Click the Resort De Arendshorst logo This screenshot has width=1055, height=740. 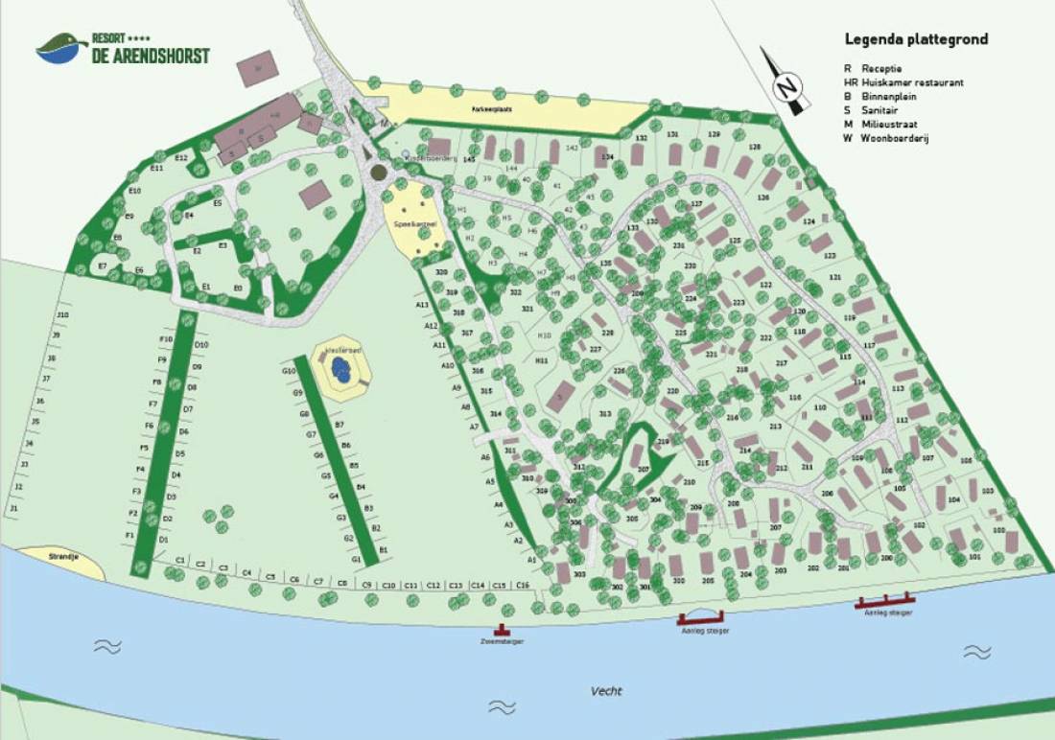122,49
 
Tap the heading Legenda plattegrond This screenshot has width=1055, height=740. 916,40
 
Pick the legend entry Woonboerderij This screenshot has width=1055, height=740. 901,138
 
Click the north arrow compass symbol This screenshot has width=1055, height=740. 786,84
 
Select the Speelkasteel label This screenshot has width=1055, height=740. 410,221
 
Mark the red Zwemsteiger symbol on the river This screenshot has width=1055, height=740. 501,632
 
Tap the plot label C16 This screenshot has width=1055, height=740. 522,585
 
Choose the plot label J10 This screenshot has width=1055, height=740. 63,314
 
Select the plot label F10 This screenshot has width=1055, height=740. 166,339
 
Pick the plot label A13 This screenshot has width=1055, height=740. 422,305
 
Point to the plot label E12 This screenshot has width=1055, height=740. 181,157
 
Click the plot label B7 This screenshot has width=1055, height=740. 339,424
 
